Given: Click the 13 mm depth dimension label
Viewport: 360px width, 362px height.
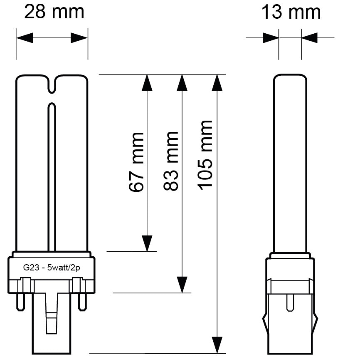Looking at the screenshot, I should click(291, 12).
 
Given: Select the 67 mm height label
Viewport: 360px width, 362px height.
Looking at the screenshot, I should click(137, 162).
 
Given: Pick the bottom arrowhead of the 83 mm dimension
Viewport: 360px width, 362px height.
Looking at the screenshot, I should click(182, 285).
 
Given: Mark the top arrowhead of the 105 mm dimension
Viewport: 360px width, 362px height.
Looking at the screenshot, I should click(216, 82).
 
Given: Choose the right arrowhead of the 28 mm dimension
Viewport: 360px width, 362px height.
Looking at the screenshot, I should click(79, 38).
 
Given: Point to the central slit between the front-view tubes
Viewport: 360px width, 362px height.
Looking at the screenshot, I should click(52, 175).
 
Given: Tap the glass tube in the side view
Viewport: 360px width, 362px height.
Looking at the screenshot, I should click(290, 162).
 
